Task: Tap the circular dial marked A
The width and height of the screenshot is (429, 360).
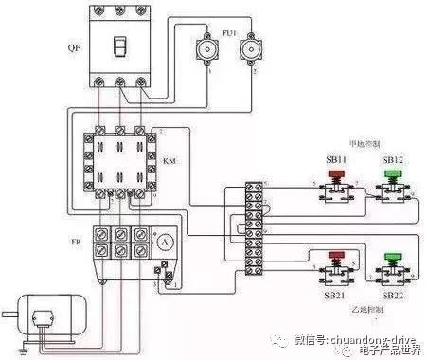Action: coord(165,242)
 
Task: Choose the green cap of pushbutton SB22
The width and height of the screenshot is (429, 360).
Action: coord(392,257)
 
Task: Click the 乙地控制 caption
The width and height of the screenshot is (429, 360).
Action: coord(366,310)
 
